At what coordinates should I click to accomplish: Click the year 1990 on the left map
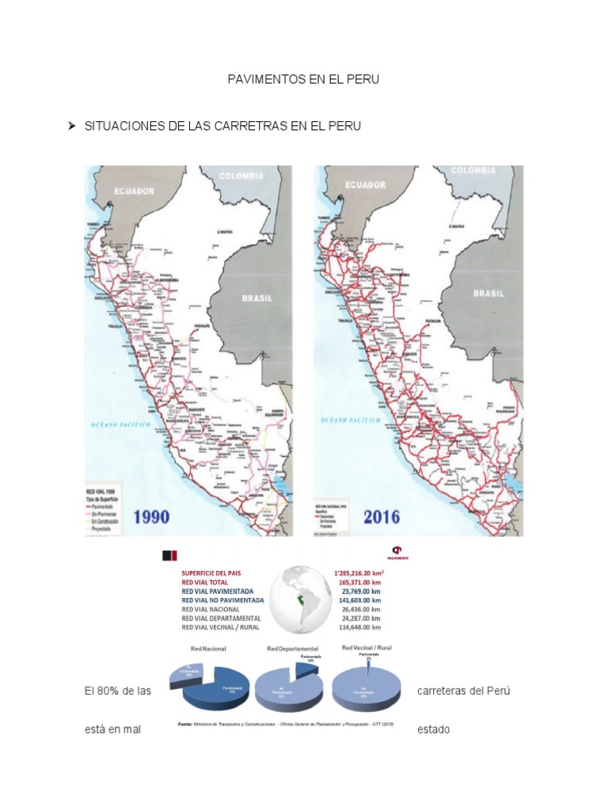coord(162,517)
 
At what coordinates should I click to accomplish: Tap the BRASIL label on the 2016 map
coord(488,293)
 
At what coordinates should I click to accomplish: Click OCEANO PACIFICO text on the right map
coord(349,421)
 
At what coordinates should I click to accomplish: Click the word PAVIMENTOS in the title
coord(260,81)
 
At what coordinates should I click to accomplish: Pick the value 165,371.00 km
coord(360,581)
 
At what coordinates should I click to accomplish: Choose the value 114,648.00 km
coord(360,627)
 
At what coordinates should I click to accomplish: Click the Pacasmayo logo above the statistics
coord(397,550)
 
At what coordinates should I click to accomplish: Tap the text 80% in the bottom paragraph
coord(110,691)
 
